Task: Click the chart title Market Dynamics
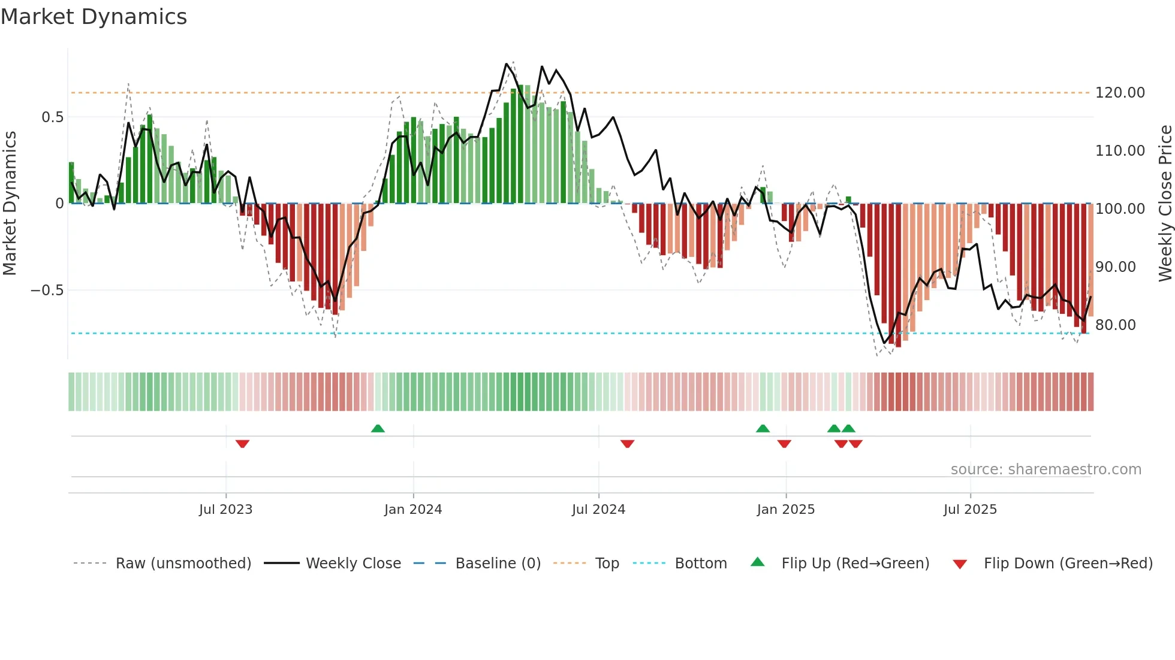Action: [94, 17]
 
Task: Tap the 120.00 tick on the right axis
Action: [1120, 93]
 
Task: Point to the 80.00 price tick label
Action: [1115, 325]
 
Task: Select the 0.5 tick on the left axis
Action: [52, 117]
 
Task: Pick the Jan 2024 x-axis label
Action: [412, 510]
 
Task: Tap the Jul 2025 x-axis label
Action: [969, 510]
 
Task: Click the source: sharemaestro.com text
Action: [1046, 470]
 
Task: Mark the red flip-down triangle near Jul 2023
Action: [242, 444]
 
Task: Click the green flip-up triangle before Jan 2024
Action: [378, 428]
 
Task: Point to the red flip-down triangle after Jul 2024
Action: [627, 444]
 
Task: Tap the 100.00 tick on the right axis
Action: [1120, 209]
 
